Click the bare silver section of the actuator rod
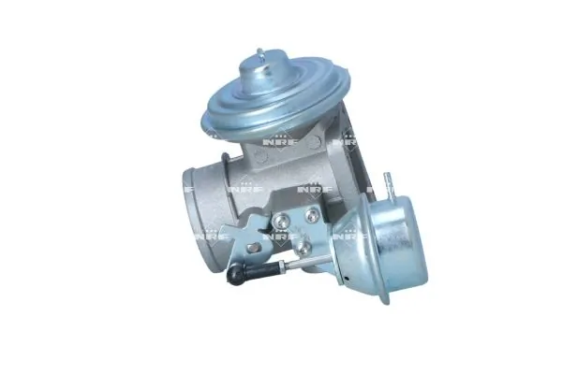pos(309,259)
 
